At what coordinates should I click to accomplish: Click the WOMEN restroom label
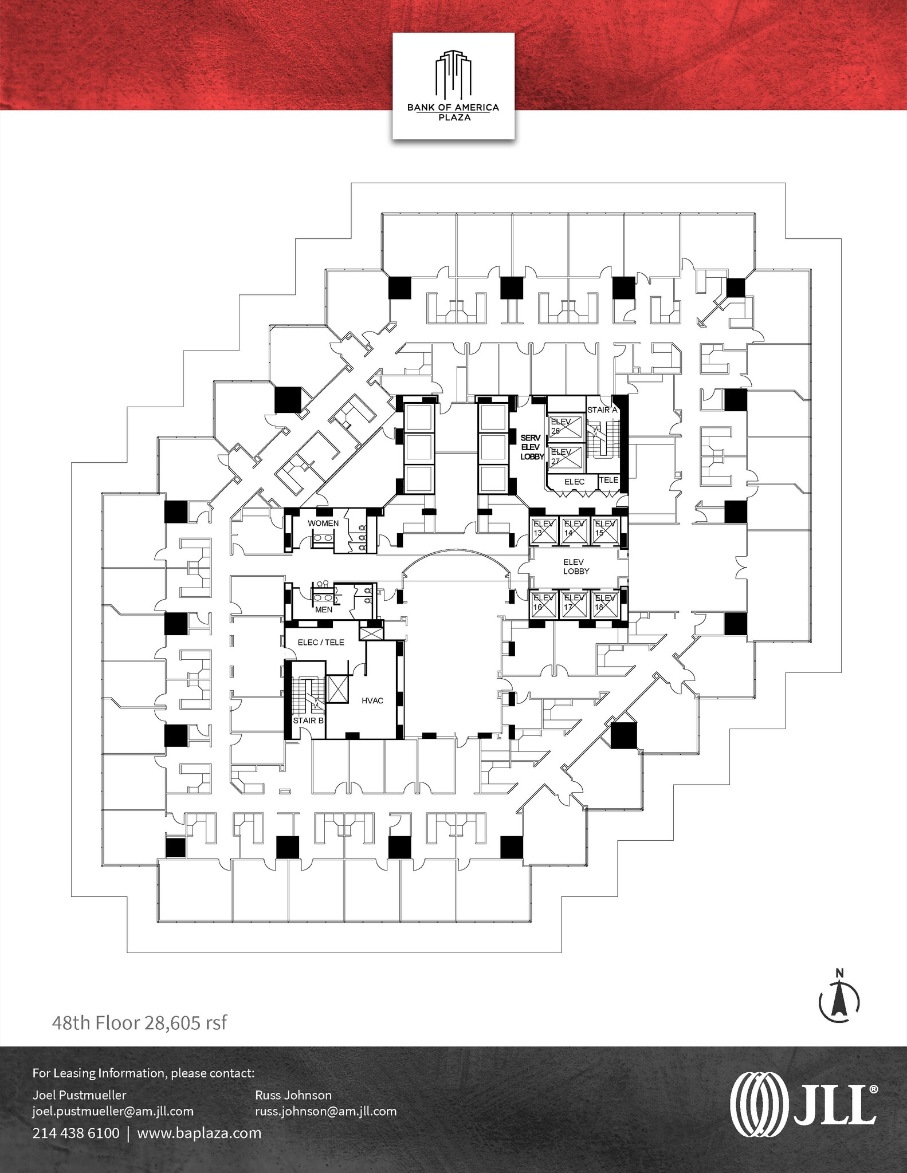pos(323,523)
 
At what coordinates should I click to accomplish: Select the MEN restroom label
pos(324,609)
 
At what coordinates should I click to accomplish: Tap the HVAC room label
pos(372,700)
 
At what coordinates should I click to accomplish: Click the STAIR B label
pos(308,720)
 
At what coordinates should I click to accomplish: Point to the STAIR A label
pos(602,410)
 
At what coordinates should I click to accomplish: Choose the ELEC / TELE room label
pos(321,643)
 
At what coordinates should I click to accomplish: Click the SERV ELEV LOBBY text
pos(531,447)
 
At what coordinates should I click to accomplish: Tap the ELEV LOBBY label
pos(576,566)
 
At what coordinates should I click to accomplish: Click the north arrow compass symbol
pos(839,1001)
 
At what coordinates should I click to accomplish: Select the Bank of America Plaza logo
pos(453,85)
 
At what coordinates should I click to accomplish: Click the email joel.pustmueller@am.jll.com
pos(113,1111)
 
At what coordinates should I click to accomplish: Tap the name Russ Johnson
pos(293,1095)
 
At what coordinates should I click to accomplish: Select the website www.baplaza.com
pos(199,1133)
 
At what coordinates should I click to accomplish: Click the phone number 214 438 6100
pos(76,1133)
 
